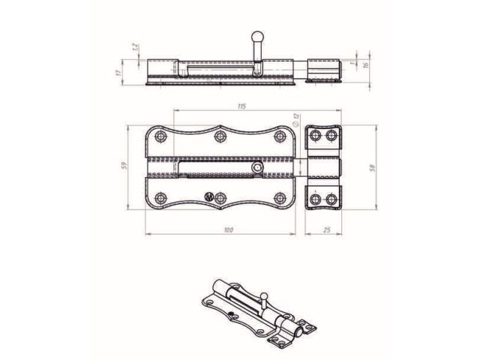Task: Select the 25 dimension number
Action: [326, 230]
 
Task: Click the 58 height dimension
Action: [373, 167]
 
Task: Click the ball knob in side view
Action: [257, 34]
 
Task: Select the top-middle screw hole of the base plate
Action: [220, 136]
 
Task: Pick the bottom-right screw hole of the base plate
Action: [280, 198]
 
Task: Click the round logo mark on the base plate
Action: [209, 199]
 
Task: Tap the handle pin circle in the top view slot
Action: [258, 169]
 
